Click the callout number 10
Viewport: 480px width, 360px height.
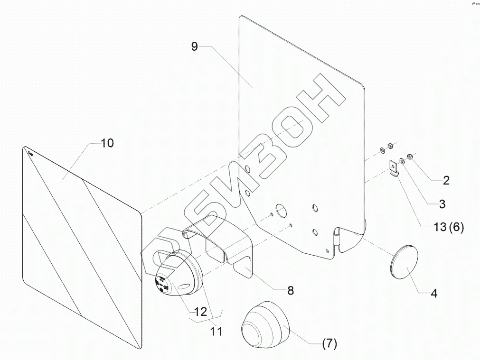(x=107, y=143)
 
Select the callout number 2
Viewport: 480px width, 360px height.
(x=446, y=180)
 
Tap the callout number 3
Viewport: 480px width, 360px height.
(x=442, y=204)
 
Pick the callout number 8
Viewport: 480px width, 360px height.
(x=290, y=290)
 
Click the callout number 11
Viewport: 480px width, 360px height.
(x=216, y=331)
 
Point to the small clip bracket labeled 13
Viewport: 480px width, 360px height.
(x=393, y=168)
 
